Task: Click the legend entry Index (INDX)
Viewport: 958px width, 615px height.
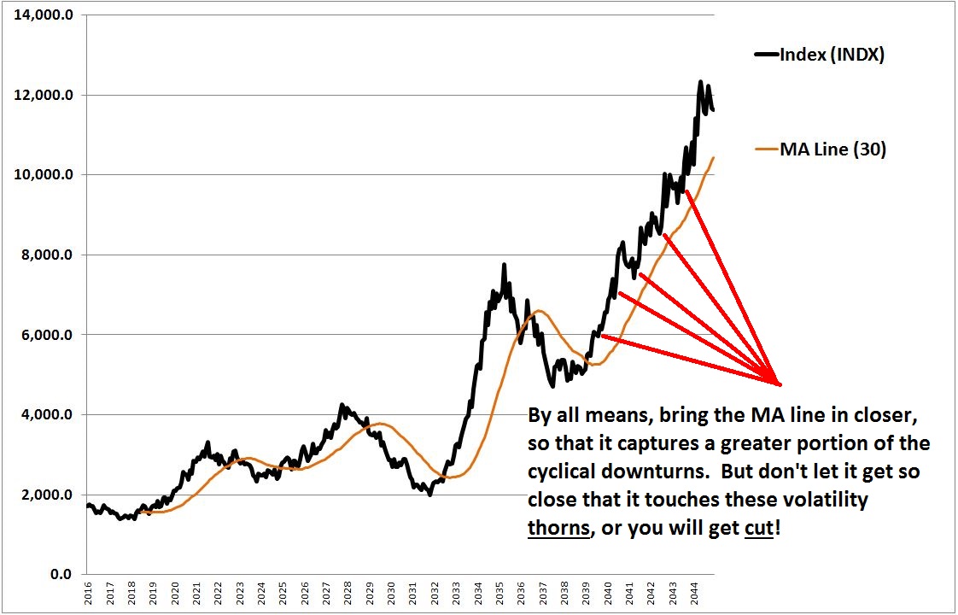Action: click(x=831, y=55)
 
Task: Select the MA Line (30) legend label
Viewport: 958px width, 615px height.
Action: click(x=832, y=149)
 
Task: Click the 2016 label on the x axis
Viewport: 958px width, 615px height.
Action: click(x=89, y=595)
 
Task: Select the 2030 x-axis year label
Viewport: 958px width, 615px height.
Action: click(x=391, y=595)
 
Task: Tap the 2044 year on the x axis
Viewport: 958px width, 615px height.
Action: click(x=693, y=595)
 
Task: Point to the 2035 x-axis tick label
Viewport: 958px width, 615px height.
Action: click(x=499, y=595)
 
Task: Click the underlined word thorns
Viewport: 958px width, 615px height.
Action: click(x=559, y=528)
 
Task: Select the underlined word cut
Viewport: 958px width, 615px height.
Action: click(x=756, y=528)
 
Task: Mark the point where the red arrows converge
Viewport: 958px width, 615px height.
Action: click(x=779, y=384)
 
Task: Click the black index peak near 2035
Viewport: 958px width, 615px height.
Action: click(x=504, y=266)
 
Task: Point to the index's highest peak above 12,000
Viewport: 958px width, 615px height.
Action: click(x=700, y=82)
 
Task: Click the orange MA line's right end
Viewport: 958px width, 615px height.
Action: click(x=714, y=158)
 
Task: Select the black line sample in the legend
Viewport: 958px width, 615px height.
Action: click(x=766, y=55)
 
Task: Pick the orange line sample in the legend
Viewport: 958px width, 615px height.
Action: click(x=766, y=149)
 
